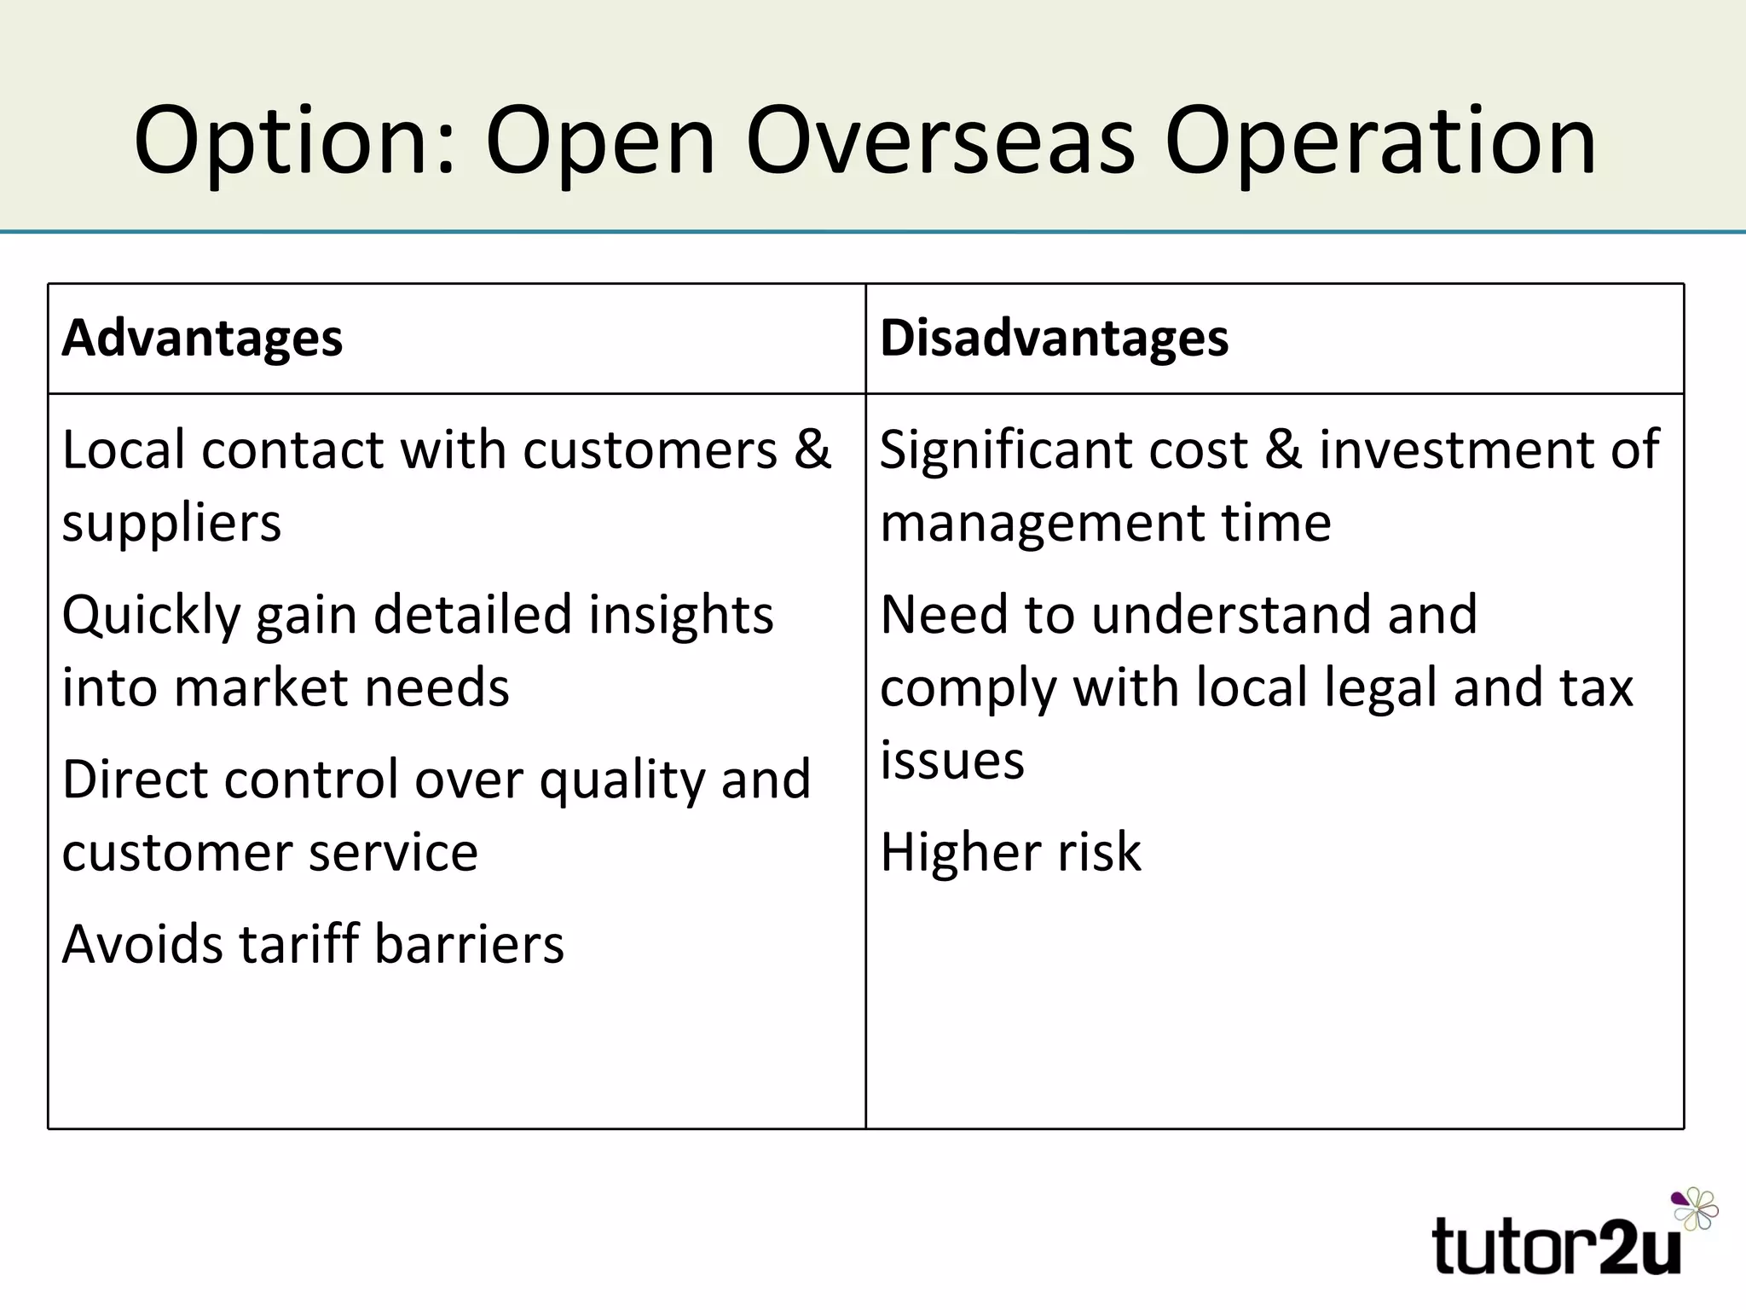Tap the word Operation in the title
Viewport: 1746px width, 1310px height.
point(1379,141)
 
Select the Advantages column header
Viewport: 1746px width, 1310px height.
point(202,339)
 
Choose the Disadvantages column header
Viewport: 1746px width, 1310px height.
point(1054,339)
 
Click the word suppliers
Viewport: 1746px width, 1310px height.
point(171,523)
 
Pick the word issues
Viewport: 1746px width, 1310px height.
point(952,761)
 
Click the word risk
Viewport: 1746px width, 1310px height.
point(1099,852)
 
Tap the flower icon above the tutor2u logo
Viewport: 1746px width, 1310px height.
point(1695,1209)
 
